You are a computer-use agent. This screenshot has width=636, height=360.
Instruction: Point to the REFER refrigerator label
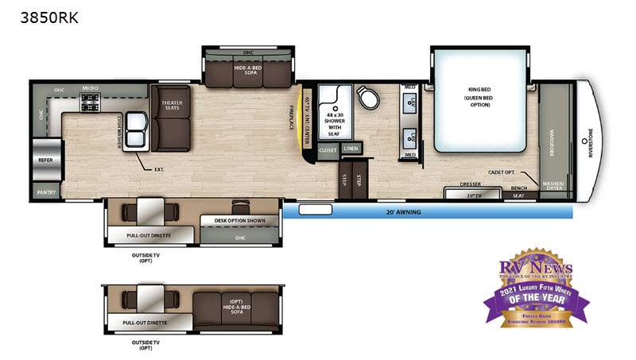pyautogui.click(x=45, y=160)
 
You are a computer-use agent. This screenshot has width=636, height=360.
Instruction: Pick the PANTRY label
pyautogui.click(x=45, y=192)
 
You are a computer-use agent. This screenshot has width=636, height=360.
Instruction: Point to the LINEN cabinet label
pyautogui.click(x=350, y=149)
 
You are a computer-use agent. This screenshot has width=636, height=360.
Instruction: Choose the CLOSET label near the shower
pyautogui.click(x=328, y=149)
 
